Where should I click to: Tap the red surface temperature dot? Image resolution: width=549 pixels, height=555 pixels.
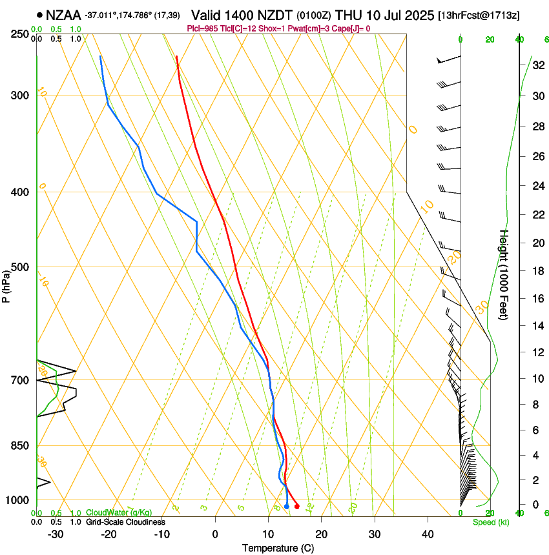(x=296, y=507)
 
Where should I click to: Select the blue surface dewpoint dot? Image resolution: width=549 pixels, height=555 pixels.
(x=287, y=507)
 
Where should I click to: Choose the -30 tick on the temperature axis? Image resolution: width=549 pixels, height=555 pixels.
(x=56, y=534)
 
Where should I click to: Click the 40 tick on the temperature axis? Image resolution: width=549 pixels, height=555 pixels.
(x=427, y=534)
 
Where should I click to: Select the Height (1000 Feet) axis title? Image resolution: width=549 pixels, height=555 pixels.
(x=504, y=274)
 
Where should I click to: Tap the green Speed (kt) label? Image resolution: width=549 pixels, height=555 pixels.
(x=491, y=522)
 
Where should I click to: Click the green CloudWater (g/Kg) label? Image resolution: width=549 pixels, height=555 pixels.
(x=119, y=513)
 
